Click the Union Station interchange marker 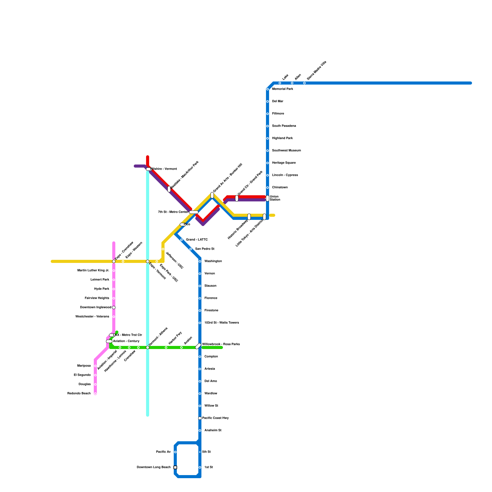point(268,198)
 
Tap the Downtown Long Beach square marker point(175,467)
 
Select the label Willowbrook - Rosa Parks point(221,344)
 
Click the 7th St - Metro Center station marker point(194,212)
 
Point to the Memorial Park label point(282,89)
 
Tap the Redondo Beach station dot point(95,394)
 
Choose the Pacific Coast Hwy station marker point(200,418)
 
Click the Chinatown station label point(280,188)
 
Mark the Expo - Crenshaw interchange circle point(114,261)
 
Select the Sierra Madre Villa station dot point(304,83)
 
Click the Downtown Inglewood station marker point(114,307)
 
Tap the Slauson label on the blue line point(210,286)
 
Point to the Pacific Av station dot point(175,452)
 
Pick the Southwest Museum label point(286,151)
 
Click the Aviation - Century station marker point(109,341)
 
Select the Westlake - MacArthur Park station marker point(169,189)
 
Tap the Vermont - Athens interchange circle point(148,347)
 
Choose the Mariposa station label point(84,366)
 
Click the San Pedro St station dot point(191,249)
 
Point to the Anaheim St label point(213,430)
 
